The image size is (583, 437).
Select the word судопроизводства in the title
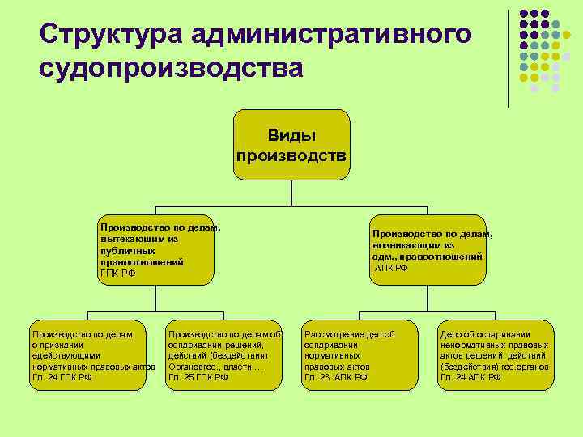171,68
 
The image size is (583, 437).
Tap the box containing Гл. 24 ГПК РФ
89,355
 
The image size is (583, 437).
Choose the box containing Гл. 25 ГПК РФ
223,355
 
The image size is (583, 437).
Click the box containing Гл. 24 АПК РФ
495,355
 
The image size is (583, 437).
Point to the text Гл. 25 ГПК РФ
198,377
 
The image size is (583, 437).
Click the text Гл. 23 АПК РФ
335,377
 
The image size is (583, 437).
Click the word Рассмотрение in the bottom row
333,333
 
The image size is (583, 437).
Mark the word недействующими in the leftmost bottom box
66,355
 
